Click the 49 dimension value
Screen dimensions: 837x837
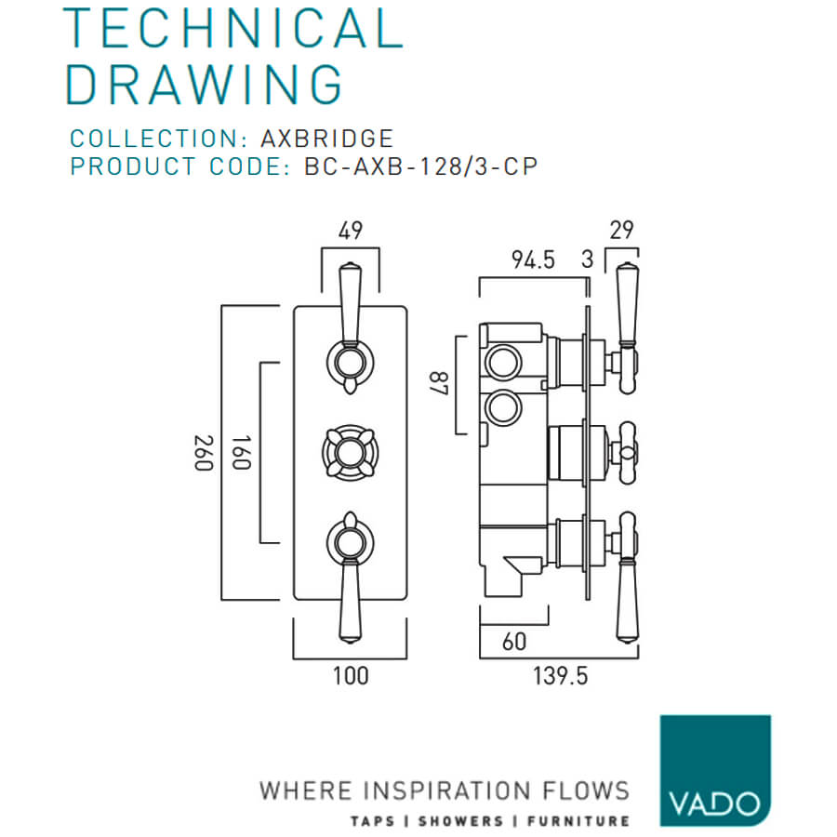tap(351, 231)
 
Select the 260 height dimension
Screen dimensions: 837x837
tap(204, 453)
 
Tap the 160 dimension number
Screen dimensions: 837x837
tap(241, 453)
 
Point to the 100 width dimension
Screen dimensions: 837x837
tap(351, 676)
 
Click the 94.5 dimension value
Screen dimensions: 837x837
tap(533, 260)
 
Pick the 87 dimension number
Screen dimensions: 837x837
tap(439, 383)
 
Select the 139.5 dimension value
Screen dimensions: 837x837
tap(561, 676)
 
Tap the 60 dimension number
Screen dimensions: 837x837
tap(514, 642)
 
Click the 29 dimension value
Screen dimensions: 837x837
tap(621, 231)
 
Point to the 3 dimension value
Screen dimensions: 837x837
tap(587, 260)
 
